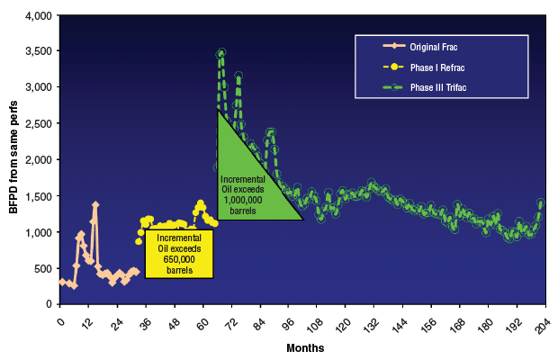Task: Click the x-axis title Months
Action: point(305,346)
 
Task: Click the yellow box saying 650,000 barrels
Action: point(180,253)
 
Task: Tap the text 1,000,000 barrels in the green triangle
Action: point(243,195)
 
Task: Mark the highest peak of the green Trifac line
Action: point(221,52)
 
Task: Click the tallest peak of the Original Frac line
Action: point(95,204)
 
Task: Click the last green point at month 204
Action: point(542,202)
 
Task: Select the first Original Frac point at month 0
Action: point(61,282)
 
